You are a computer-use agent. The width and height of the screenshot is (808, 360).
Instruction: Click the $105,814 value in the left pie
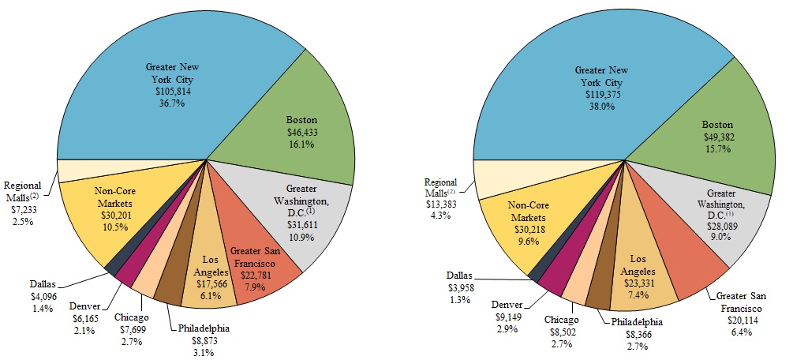point(174,91)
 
